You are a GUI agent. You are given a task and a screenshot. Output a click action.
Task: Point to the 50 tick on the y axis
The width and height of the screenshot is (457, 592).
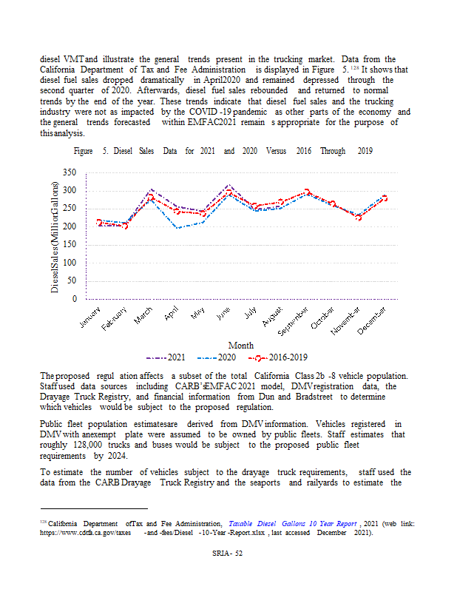[72, 281]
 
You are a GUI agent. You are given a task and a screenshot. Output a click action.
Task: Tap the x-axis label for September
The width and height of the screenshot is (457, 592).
[293, 320]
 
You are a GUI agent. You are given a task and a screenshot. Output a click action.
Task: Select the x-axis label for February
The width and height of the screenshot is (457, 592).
[115, 317]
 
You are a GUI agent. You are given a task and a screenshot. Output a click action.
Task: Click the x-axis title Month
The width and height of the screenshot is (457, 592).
[241, 345]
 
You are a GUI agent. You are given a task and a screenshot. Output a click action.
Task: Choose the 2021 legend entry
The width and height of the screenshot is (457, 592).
[167, 357]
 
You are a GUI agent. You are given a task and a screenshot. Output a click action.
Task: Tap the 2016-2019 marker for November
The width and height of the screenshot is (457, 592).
[359, 217]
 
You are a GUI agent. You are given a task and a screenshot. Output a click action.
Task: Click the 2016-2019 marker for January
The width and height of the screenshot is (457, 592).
[99, 222]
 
